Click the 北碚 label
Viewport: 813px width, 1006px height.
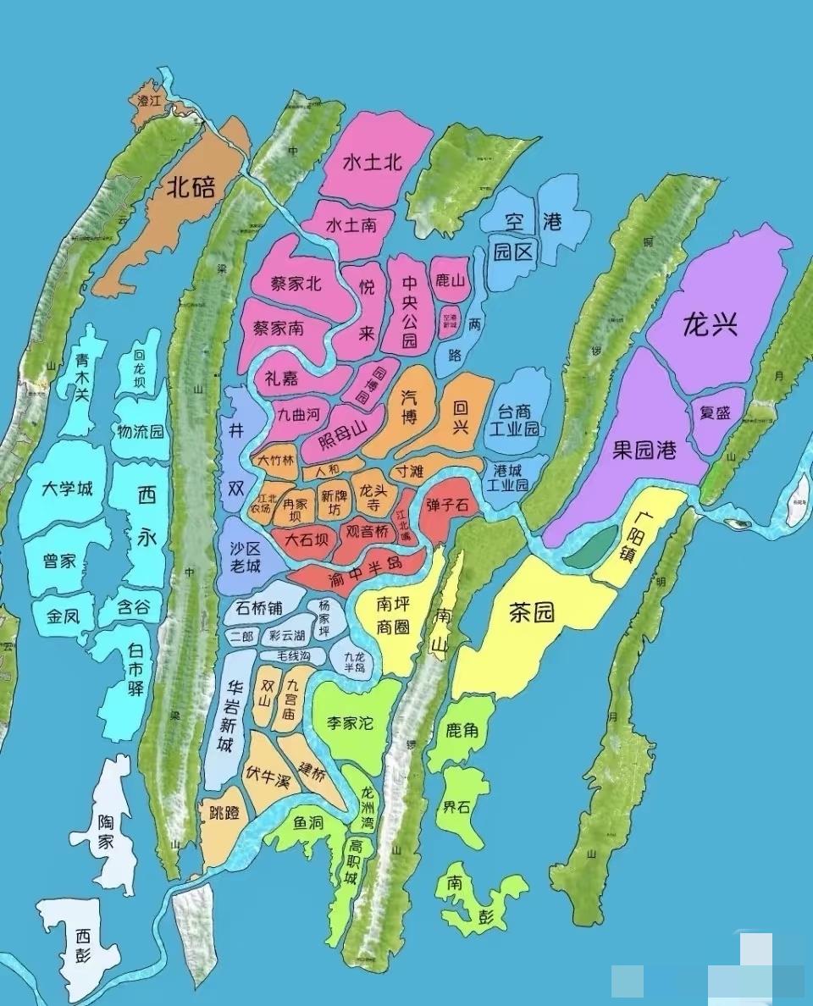tap(190, 187)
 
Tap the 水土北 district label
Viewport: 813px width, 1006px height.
tap(372, 163)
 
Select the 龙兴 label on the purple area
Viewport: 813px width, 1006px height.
tap(710, 324)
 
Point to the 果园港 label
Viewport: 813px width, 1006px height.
tap(645, 450)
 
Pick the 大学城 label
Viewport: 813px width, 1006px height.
tap(67, 489)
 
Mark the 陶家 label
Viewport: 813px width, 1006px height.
tap(106, 832)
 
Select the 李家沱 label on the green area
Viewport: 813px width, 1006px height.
tap(350, 722)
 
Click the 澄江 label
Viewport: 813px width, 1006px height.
tap(149, 100)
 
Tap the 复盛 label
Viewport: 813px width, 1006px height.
tap(716, 413)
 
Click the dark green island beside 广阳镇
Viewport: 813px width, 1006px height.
tap(590, 546)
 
